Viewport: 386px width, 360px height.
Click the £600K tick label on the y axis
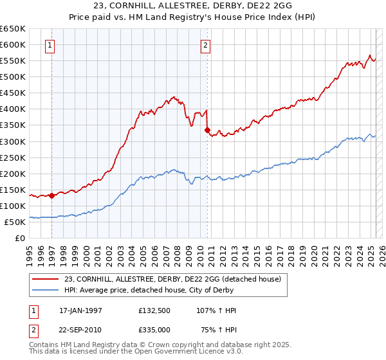(13, 44)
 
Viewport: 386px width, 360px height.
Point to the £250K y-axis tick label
(13, 157)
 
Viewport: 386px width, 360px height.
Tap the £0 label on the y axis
(20, 238)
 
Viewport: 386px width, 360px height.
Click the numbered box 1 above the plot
(50, 45)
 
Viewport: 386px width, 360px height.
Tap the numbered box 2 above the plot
(205, 45)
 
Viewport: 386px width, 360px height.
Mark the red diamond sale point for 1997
(51, 195)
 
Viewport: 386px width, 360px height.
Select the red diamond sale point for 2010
(207, 130)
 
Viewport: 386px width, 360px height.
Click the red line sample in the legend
(46, 279)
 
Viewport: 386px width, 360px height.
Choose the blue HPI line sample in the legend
(46, 290)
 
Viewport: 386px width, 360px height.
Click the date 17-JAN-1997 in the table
(80, 310)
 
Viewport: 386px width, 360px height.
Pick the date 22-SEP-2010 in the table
(80, 329)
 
